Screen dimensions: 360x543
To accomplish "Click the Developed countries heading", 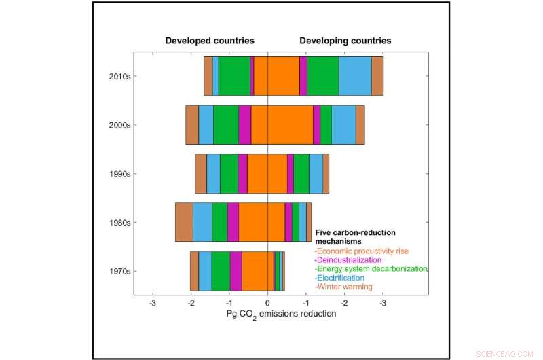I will click(x=210, y=41).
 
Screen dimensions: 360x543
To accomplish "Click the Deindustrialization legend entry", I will click(x=348, y=259).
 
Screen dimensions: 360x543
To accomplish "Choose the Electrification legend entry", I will click(x=339, y=278).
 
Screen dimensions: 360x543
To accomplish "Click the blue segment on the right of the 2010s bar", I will click(x=355, y=76).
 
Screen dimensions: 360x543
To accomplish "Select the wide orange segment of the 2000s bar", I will click(x=282, y=125).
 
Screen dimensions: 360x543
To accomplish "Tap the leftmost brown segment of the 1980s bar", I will click(x=184, y=222).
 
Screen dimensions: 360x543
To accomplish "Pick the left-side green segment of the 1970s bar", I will click(x=221, y=271).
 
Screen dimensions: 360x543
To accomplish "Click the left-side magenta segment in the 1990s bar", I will click(x=242, y=174).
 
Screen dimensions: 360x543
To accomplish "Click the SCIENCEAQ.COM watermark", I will click(x=508, y=353).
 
